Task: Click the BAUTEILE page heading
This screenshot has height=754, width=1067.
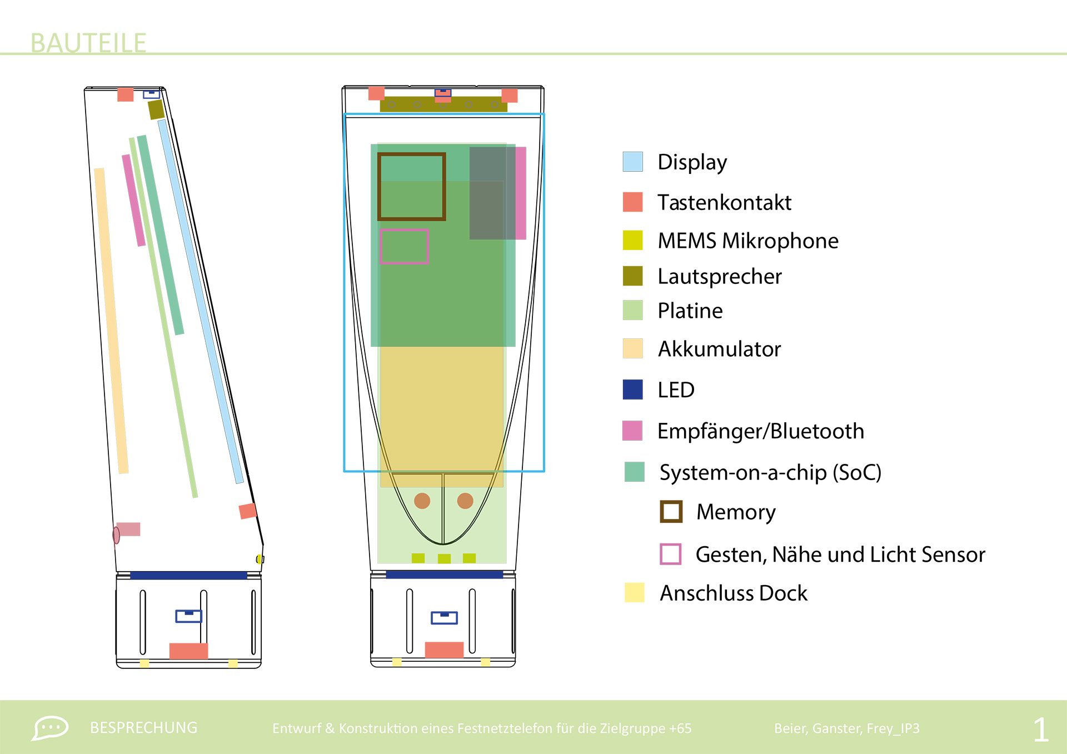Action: tap(88, 43)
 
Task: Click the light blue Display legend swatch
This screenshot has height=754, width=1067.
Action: tap(632, 162)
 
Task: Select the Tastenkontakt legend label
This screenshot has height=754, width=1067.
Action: tap(724, 202)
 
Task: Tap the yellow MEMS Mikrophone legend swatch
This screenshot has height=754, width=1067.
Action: tap(632, 240)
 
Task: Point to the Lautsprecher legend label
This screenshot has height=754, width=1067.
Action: tap(719, 276)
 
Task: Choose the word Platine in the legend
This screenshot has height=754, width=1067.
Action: tap(690, 311)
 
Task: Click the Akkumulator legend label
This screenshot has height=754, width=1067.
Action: tap(719, 349)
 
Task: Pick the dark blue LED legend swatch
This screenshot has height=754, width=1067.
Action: tap(632, 390)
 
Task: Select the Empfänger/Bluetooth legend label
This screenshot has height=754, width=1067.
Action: tap(760, 431)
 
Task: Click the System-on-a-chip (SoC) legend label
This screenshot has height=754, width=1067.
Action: tap(770, 472)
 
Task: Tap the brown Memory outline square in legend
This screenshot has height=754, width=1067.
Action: tap(671, 512)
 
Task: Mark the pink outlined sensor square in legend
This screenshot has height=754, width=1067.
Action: tap(670, 554)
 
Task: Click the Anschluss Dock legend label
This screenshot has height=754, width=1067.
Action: tap(733, 593)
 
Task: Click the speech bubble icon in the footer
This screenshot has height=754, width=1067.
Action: tap(50, 728)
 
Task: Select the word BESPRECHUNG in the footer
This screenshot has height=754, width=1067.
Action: tap(143, 728)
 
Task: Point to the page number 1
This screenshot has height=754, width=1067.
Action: tap(1041, 730)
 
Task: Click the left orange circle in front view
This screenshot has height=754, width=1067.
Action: tap(422, 501)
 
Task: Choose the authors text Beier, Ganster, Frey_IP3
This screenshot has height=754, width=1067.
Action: tap(846, 728)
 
